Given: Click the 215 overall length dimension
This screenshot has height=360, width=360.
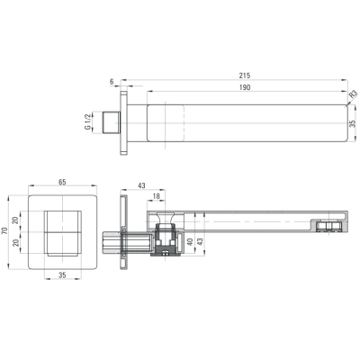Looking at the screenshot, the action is (245, 76).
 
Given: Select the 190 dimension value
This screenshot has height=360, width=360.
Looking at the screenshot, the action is (245, 87).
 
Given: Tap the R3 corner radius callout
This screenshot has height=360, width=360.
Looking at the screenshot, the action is (354, 94).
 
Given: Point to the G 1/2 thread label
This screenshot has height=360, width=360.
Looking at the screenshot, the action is (87, 122).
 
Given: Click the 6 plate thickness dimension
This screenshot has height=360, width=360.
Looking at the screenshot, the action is (112, 82).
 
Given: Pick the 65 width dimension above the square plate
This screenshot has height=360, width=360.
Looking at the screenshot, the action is (62, 182).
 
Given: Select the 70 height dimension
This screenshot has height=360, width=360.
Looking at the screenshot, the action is (4, 231).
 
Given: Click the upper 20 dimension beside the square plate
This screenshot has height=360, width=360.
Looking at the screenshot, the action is (15, 220).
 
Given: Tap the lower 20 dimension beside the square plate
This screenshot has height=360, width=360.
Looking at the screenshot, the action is (15, 242).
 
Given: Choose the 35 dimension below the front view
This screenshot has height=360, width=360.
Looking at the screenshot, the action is (62, 274).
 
